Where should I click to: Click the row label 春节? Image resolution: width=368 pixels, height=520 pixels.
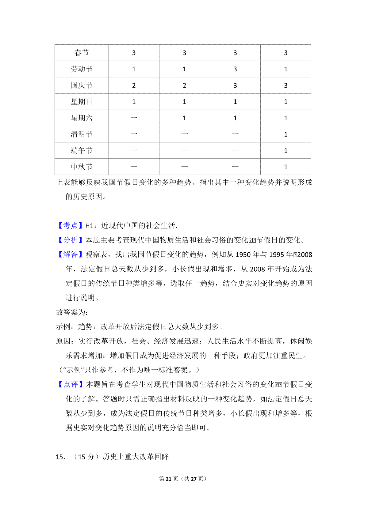tap(82, 53)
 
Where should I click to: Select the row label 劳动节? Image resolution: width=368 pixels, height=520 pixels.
tap(82, 69)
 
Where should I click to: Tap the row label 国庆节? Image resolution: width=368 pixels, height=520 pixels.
tap(82, 85)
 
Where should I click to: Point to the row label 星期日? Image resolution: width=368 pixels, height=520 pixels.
tap(82, 102)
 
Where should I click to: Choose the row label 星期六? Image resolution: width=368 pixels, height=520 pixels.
tap(82, 118)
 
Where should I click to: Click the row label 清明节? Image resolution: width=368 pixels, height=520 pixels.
tap(82, 134)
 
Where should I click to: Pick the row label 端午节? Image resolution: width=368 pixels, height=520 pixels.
tap(82, 150)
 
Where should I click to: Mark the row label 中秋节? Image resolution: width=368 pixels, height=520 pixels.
tap(82, 167)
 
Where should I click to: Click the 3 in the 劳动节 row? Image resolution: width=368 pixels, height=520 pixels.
tap(235, 69)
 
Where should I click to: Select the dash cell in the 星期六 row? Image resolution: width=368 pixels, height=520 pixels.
tap(134, 118)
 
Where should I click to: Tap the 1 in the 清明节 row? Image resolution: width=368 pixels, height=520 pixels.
tap(286, 134)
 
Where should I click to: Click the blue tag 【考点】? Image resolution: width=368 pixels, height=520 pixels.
tap(71, 226)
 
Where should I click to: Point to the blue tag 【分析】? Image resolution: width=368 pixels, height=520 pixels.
tap(71, 240)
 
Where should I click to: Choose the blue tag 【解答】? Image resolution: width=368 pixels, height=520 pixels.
tap(71, 254)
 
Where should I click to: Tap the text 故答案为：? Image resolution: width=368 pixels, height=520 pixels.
tap(72, 312)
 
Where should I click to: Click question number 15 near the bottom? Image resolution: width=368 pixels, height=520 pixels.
tap(60, 457)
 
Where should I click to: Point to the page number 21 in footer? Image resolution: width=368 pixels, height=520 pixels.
tap(168, 479)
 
